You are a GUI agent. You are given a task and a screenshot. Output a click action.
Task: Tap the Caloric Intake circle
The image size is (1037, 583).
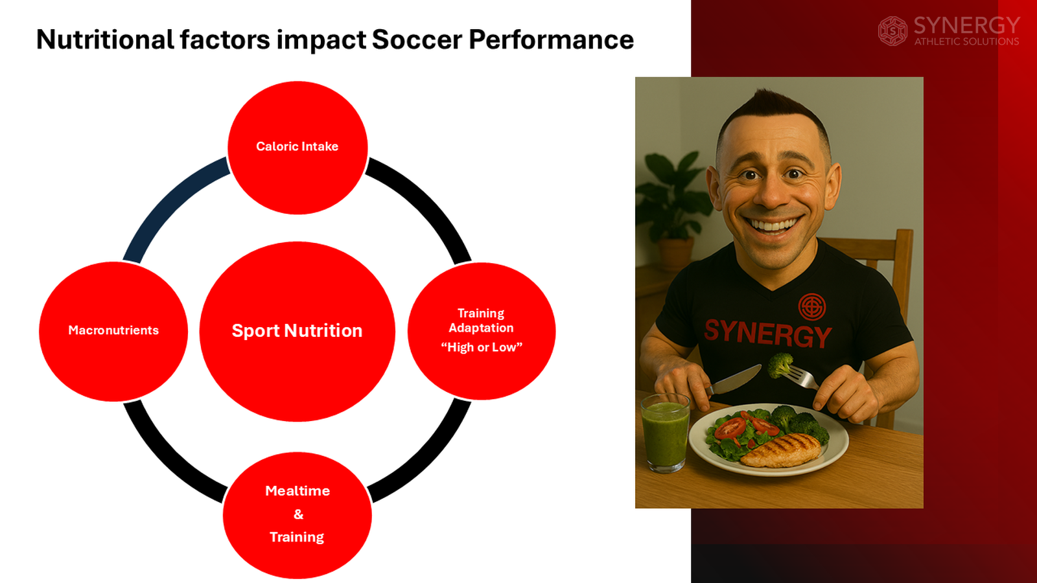point(297,147)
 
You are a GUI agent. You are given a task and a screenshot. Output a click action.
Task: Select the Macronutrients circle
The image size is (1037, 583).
point(113,331)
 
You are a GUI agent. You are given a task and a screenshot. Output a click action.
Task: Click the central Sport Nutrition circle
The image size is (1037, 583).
point(297,331)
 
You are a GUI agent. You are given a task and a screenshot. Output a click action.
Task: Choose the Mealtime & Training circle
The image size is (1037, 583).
point(297,515)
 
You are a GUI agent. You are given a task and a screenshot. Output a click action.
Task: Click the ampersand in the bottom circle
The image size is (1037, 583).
point(298,514)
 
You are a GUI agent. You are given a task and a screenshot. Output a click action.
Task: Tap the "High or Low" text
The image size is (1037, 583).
point(482,348)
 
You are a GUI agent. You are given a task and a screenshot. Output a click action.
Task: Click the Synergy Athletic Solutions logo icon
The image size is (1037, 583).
point(892,31)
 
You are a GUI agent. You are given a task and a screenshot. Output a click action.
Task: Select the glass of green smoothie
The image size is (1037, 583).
point(665,433)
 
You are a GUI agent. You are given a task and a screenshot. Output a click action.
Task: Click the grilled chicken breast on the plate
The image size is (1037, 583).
point(781,450)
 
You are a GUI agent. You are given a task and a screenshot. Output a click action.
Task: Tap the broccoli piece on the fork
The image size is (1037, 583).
point(780,364)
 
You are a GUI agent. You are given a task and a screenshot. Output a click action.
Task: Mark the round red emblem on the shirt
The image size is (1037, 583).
point(811,306)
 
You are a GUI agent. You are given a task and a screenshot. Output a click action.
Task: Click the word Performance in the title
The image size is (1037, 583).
point(551,40)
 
